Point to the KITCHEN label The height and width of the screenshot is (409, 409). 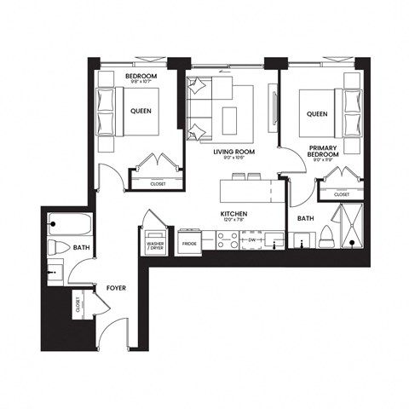(233, 214)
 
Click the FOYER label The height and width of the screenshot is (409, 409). (116, 288)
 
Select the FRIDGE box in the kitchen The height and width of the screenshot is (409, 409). (188, 244)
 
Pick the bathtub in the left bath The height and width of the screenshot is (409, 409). (68, 225)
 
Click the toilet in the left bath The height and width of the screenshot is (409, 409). (57, 248)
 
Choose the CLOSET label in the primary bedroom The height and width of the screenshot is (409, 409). (342, 194)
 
